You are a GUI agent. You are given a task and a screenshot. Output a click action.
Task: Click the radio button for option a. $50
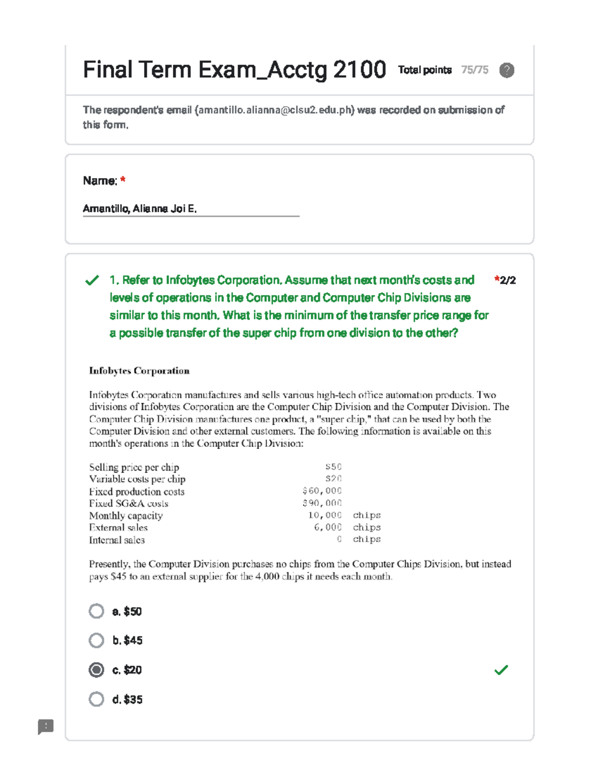[96, 611]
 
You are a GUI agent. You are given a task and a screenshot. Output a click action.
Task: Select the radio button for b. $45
[96, 640]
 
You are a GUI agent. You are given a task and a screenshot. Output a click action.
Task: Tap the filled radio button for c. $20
[96, 670]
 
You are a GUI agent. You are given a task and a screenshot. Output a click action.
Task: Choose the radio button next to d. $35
[96, 699]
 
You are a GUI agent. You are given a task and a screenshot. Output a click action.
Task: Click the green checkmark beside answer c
[501, 670]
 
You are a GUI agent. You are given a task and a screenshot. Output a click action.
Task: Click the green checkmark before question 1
[92, 280]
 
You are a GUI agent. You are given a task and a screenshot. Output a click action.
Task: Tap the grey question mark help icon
[506, 70]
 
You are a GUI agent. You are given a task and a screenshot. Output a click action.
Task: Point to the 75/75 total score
[474, 70]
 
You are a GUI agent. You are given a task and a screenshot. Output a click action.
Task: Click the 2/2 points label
[507, 280]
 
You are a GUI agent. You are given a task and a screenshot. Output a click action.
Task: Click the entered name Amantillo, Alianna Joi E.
[140, 209]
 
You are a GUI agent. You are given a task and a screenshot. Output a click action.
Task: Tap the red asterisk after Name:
[123, 180]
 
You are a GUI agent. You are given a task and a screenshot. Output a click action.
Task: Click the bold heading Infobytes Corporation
[139, 371]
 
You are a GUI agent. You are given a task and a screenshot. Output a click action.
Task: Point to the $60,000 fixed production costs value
[322, 491]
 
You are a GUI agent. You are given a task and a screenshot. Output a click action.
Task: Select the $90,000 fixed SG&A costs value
[322, 503]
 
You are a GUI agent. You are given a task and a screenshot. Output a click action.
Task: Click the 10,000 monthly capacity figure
[324, 515]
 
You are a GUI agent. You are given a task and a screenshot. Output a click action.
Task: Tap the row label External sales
[118, 527]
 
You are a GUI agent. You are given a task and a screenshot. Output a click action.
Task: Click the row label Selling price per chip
[134, 467]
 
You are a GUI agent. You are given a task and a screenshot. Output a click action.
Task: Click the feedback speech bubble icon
[45, 726]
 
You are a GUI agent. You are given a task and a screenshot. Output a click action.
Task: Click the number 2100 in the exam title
[359, 69]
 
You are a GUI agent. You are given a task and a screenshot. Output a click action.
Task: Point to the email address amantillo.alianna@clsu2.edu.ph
[275, 110]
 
